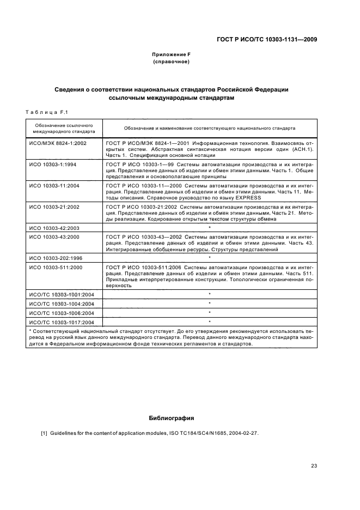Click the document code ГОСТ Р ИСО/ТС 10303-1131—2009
tap(267, 39)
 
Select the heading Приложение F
tap(171, 54)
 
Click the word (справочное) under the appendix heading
tap(171, 62)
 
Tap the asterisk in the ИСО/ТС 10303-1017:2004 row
tap(209, 322)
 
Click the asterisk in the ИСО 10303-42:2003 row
tap(209, 227)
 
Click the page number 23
tap(314, 465)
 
